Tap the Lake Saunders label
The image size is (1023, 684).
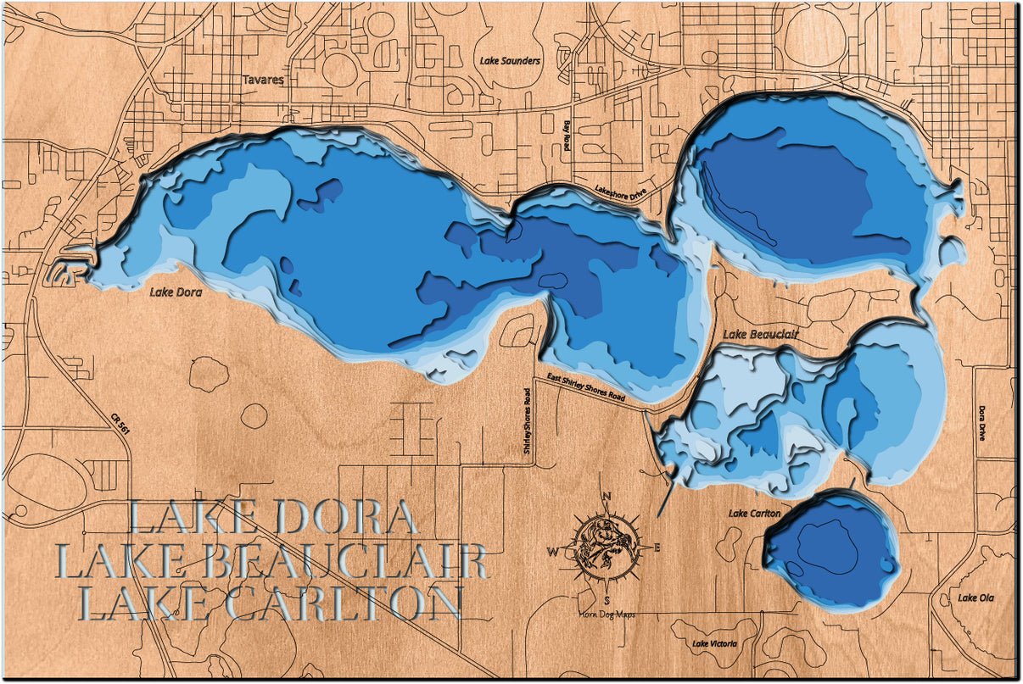(x=510, y=61)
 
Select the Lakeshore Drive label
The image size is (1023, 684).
(x=620, y=191)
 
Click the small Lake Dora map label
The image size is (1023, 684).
(x=175, y=292)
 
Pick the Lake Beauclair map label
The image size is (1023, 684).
(x=761, y=335)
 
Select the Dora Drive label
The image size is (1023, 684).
(x=982, y=422)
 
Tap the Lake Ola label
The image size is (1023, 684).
(x=976, y=598)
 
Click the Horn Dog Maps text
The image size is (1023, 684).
(x=607, y=615)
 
